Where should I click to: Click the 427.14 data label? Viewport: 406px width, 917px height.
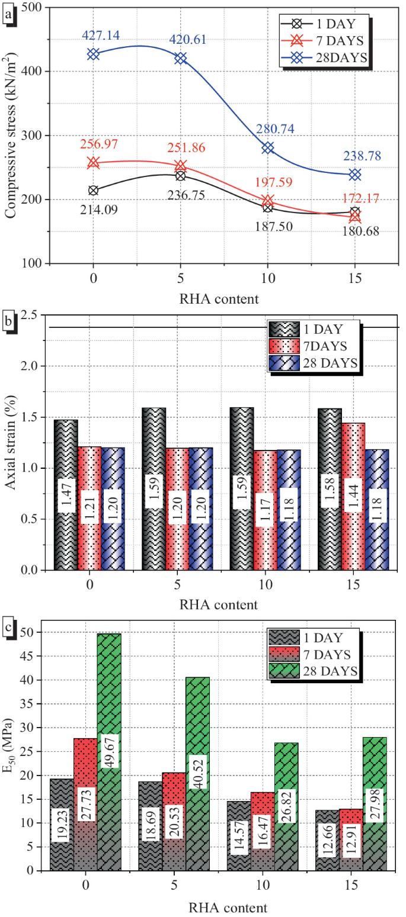point(93,36)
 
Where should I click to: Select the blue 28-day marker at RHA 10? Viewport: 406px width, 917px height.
point(267,147)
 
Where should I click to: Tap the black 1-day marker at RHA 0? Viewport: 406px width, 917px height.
point(93,190)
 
